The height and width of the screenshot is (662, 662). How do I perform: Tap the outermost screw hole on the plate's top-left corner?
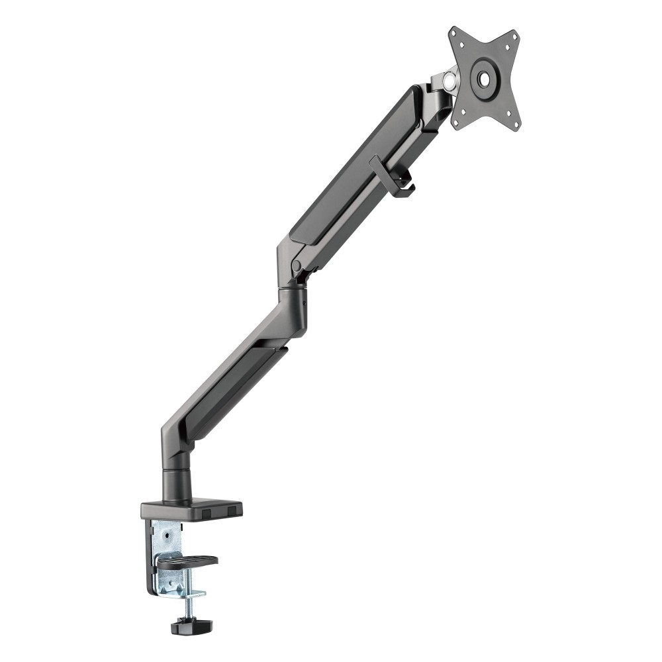click(x=455, y=33)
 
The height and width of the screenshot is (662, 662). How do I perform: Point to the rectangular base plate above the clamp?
click(x=191, y=508)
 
